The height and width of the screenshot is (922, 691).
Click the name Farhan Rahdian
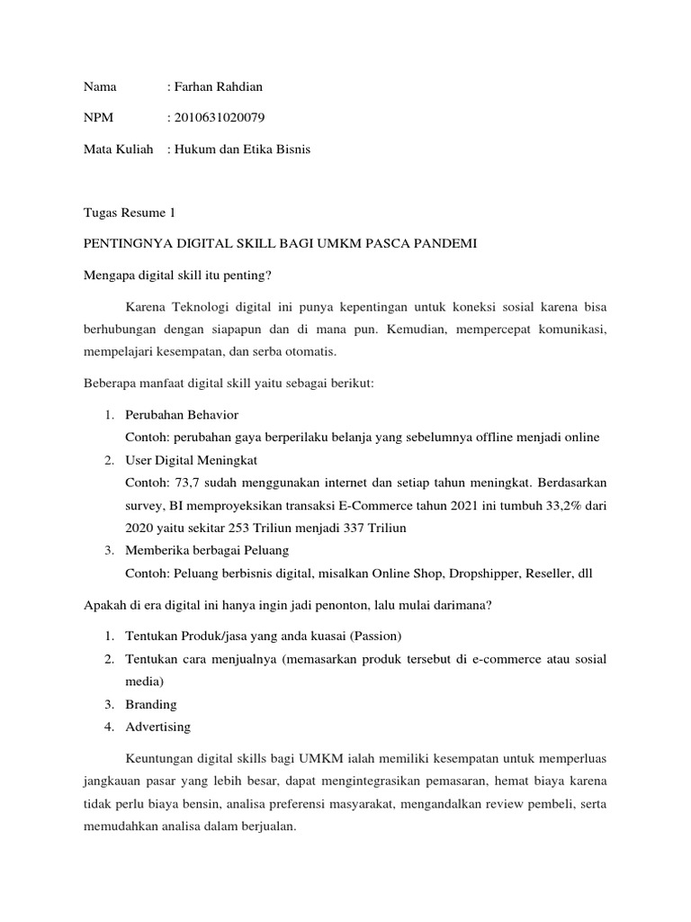pos(220,87)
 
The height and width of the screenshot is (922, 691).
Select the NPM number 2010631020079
pos(220,118)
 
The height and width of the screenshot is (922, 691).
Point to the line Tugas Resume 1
pos(129,213)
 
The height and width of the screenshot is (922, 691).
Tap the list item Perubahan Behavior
pos(183,415)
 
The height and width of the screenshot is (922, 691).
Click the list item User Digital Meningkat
pos(192,460)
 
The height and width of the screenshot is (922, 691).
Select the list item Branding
pos(151,704)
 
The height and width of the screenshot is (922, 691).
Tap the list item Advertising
pos(158,727)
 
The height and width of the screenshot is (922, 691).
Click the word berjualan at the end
pos(267,826)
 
